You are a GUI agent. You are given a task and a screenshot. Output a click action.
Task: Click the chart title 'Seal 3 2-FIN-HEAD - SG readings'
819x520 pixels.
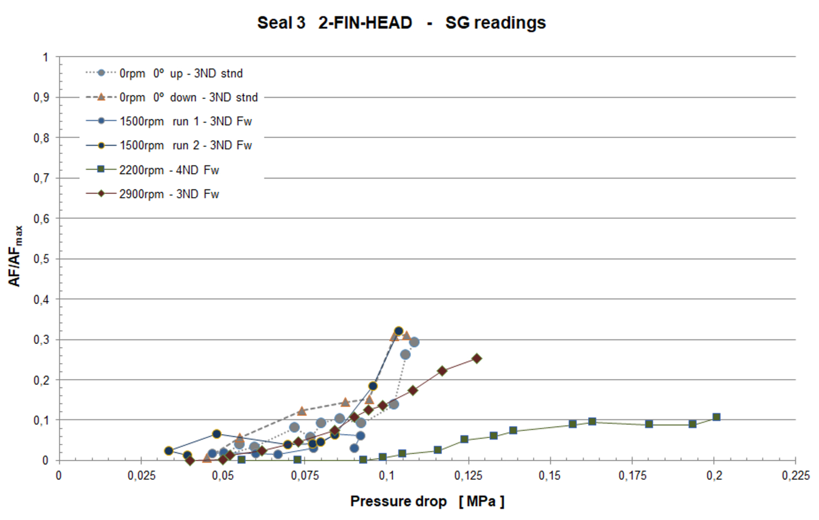(401, 23)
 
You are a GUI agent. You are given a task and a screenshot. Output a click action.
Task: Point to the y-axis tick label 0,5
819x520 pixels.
(41, 259)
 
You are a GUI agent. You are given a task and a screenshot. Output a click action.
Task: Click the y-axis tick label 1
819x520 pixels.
(45, 57)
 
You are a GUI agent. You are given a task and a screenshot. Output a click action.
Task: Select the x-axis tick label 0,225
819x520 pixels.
(795, 475)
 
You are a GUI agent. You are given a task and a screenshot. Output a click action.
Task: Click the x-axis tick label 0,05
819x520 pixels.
(223, 475)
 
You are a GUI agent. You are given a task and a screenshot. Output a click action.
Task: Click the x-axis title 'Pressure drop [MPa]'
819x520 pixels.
(427, 501)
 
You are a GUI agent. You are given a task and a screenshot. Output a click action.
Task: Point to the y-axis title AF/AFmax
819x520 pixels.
(15, 256)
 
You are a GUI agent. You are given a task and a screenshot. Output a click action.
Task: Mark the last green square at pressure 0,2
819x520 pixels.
(716, 417)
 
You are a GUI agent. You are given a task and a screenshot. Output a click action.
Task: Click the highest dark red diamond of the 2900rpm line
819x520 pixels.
(477, 358)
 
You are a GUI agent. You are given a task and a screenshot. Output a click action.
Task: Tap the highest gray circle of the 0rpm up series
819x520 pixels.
(414, 342)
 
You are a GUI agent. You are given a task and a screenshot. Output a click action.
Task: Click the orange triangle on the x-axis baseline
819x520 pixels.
(207, 458)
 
